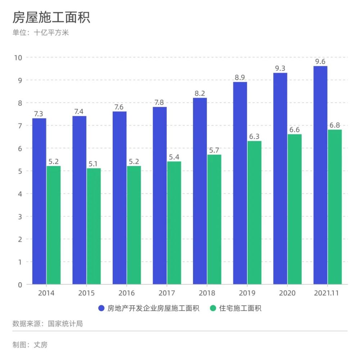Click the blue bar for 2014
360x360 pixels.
(39, 201)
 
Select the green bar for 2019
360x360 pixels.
(255, 213)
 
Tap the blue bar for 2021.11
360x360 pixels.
(320, 175)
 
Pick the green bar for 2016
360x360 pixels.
(134, 225)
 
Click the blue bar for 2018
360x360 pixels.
(200, 191)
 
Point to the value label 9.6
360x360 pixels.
(320, 62)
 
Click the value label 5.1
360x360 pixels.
(93, 164)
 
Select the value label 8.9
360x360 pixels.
(240, 77)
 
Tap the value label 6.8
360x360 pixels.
(334, 125)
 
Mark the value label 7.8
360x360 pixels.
(159, 102)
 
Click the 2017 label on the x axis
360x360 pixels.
(167, 293)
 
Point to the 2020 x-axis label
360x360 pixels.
(287, 293)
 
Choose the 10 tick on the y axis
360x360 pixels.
(18, 58)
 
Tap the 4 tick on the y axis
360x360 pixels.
(20, 194)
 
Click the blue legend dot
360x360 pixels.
(101, 308)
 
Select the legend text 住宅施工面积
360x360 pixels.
(240, 308)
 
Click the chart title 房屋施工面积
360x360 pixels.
(51, 17)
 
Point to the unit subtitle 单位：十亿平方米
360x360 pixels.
(41, 32)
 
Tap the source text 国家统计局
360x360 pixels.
(65, 324)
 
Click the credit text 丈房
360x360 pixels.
(41, 345)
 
